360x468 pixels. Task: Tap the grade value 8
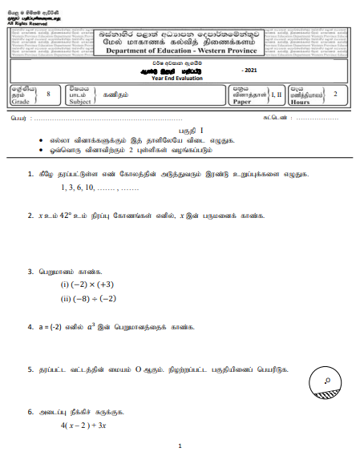48,94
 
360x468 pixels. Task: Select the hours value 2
335,94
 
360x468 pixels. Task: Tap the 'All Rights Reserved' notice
24,23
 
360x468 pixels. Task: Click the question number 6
30,413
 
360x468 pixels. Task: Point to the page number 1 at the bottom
180,446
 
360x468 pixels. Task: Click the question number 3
30,272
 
